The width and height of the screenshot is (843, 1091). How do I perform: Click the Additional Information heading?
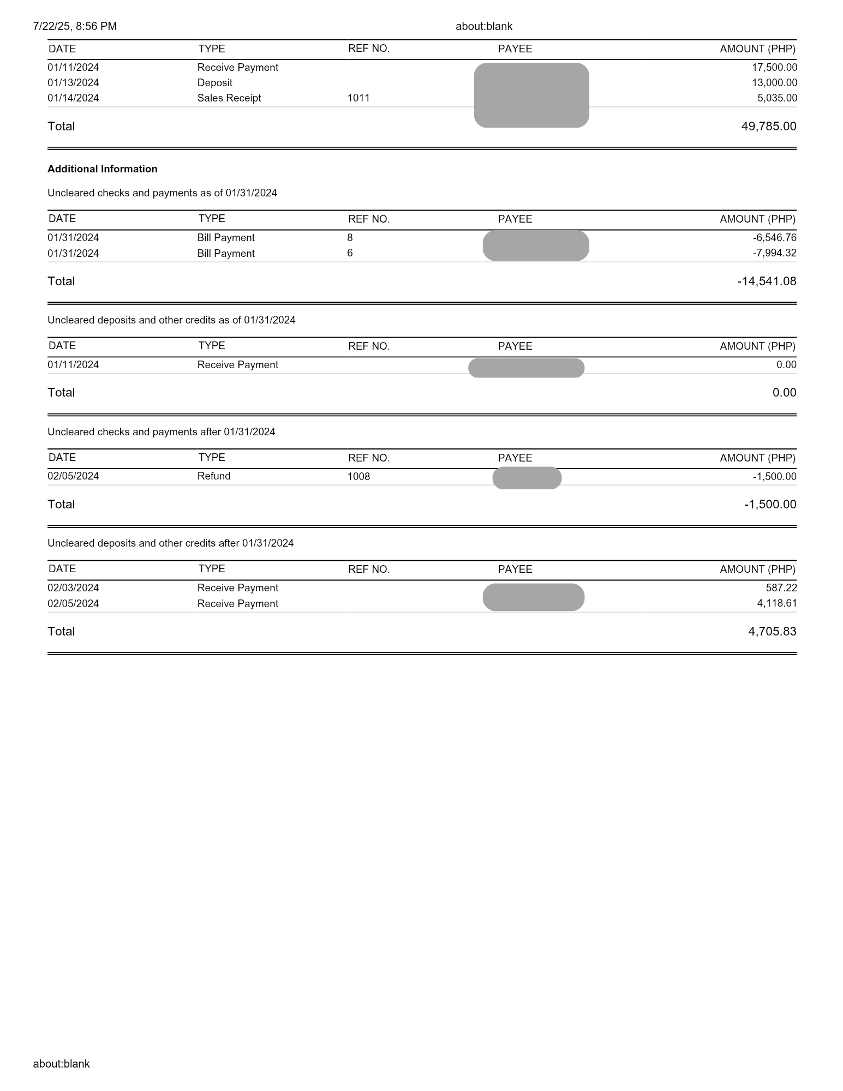click(103, 169)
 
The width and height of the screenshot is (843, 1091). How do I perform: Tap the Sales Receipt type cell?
click(229, 98)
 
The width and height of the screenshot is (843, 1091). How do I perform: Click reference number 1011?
click(358, 98)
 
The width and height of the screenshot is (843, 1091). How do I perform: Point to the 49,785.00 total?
click(768, 127)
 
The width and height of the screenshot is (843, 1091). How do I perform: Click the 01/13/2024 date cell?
click(73, 83)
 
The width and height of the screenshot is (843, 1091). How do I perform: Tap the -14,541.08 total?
click(766, 281)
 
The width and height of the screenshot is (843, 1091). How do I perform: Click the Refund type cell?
click(214, 476)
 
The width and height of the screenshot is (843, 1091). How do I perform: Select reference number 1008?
click(358, 477)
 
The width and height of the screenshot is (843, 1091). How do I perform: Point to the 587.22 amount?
click(781, 588)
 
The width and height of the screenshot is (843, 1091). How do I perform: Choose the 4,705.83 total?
click(772, 632)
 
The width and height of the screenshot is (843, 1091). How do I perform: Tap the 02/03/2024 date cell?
click(73, 588)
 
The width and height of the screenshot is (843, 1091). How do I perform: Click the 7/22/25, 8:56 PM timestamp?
click(75, 26)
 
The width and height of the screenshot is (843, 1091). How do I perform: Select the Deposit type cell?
click(215, 83)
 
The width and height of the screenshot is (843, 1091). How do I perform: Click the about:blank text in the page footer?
click(61, 1064)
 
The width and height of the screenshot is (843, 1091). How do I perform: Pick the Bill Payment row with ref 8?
click(226, 238)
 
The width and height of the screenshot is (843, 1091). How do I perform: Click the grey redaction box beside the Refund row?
click(527, 478)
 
